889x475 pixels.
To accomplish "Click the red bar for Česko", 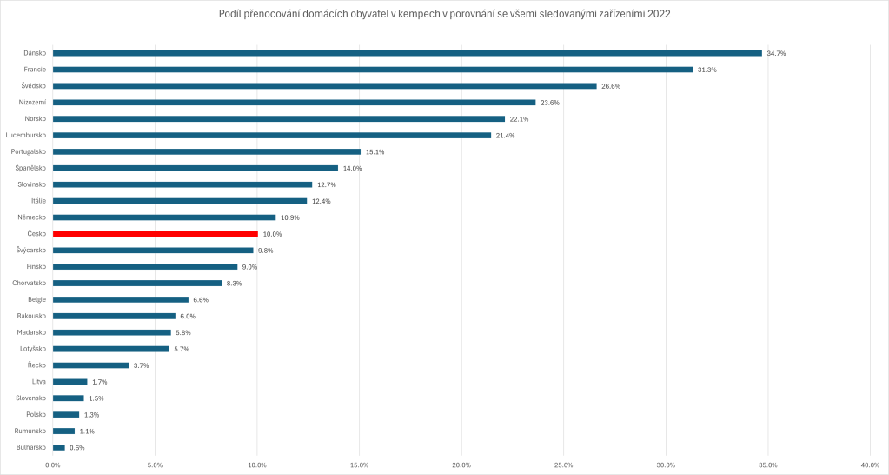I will (x=156, y=234).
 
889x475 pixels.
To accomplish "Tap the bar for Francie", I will (x=373, y=70).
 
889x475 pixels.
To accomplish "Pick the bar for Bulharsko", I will (x=59, y=447).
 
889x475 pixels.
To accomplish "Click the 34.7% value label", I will (x=776, y=53).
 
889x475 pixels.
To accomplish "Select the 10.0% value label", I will (x=272, y=234).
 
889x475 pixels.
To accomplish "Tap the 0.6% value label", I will (x=76, y=447).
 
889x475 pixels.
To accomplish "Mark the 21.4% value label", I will (x=505, y=136).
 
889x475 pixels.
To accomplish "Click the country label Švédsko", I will (x=34, y=86).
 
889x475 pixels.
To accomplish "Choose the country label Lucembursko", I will (x=26, y=136).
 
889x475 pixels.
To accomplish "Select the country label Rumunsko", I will (x=30, y=431).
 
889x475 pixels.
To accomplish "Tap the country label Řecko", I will (x=36, y=365).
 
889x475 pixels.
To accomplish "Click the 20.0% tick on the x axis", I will (x=461, y=465).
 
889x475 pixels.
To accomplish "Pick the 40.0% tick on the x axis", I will (x=870, y=465).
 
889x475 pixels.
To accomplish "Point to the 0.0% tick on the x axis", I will (x=53, y=465).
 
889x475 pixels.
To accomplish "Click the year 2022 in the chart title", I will (x=659, y=14).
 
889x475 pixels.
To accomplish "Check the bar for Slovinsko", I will (x=182, y=184).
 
